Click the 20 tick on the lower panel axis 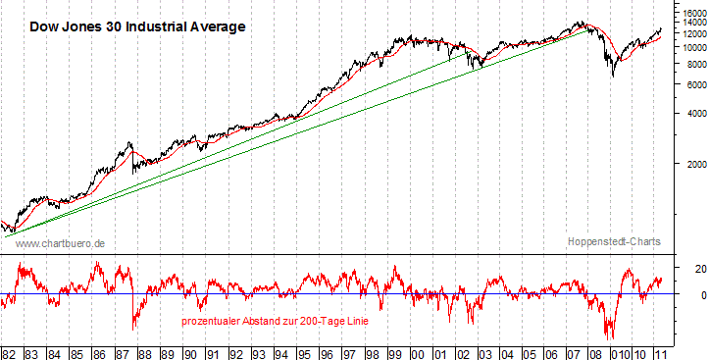[676, 268]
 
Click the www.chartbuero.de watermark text [62, 242]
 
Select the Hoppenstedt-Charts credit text [614, 241]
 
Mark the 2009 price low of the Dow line [613, 77]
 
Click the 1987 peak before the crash [130, 143]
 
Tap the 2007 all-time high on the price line [581, 22]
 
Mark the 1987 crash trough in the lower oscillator [133, 328]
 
